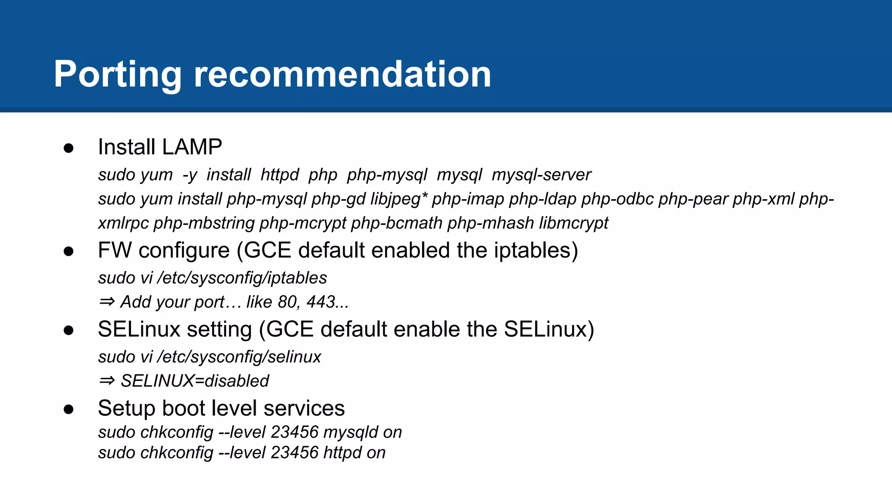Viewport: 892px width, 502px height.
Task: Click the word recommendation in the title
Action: (342, 75)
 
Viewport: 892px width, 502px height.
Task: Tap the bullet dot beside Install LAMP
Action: (68, 148)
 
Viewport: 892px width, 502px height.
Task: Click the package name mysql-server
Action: (541, 175)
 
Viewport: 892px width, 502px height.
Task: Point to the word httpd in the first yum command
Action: (280, 175)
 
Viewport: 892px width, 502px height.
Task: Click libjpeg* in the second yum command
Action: (399, 199)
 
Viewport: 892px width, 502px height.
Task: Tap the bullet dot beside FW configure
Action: (68, 251)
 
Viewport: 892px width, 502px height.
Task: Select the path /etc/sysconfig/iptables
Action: (242, 278)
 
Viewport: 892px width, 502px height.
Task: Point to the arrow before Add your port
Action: (107, 302)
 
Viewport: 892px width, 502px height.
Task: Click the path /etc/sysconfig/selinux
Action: (239, 357)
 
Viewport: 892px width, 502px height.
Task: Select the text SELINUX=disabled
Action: (195, 381)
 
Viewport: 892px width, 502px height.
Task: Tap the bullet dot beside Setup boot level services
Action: (68, 410)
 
